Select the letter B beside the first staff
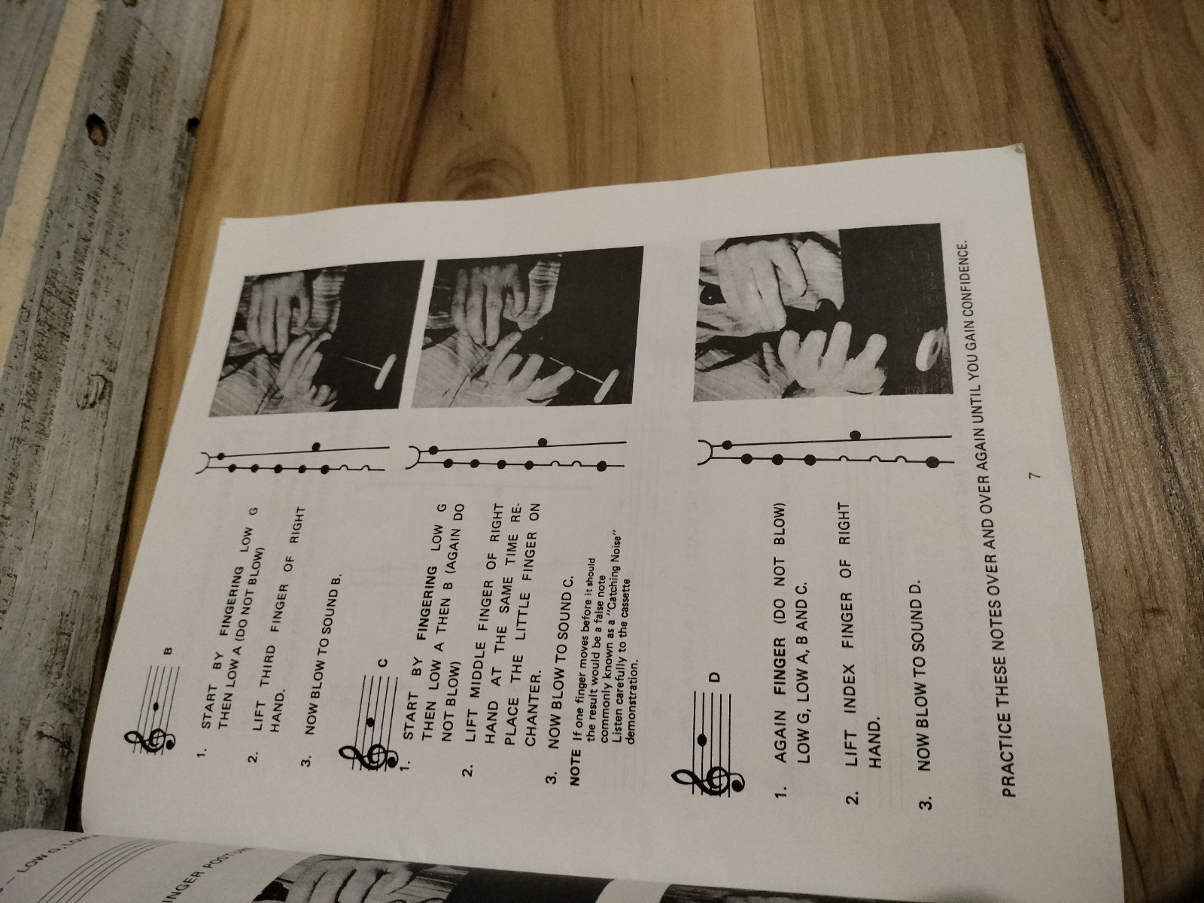(169, 652)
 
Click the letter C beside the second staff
(385, 663)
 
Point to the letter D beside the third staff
(715, 676)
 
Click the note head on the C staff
(371, 722)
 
